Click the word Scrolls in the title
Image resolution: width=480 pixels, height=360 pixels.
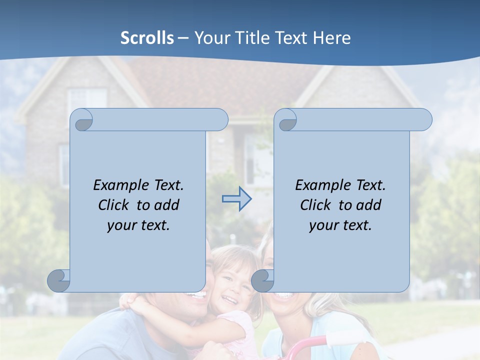147,38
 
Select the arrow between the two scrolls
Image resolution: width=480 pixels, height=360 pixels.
237,199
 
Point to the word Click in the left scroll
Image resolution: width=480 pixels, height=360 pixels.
115,205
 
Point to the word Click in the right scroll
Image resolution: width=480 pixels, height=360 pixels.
317,205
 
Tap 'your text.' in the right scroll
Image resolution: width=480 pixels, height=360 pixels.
340,225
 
